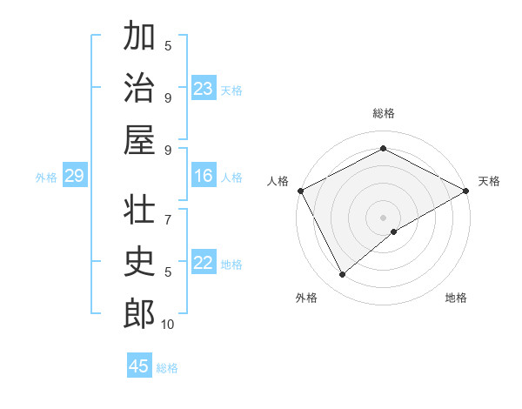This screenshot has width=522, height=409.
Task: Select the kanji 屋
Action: (139, 139)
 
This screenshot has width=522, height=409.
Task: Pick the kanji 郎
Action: (139, 313)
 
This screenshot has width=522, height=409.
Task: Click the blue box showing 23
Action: (204, 89)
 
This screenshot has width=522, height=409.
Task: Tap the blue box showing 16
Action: (204, 177)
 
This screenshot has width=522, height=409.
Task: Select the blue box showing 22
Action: (204, 264)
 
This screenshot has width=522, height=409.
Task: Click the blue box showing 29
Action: (74, 177)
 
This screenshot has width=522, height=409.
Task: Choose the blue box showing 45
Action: (139, 366)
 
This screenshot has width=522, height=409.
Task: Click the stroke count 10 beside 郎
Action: (167, 325)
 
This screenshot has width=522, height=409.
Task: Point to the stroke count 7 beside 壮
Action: (168, 211)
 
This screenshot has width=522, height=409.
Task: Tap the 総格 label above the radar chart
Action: (383, 113)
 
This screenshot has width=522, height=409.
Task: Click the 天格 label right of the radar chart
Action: (489, 181)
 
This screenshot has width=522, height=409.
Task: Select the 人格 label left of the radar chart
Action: (278, 181)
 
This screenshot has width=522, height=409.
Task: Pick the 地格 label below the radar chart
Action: (456, 298)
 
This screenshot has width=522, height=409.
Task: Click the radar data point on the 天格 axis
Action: (466, 191)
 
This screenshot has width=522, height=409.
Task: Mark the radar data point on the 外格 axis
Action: (342, 275)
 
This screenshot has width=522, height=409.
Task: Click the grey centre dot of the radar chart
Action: (383, 217)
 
